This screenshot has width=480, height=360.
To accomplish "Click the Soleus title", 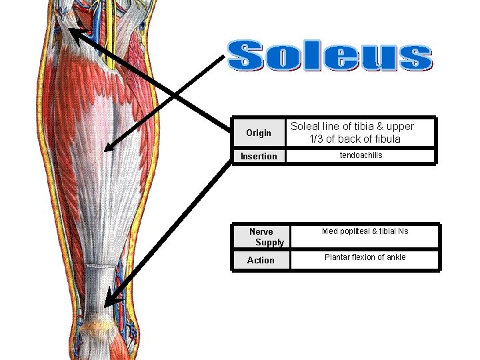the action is (329, 57).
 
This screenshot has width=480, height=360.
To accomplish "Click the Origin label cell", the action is (259, 133).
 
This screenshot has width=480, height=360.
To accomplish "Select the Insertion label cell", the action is (259, 156).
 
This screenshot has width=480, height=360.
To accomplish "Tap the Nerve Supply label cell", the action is (261, 237).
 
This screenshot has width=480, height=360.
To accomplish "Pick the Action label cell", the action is (261, 260).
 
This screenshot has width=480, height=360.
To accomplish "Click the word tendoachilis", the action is (361, 155).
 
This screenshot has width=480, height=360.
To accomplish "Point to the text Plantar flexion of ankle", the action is (365, 257).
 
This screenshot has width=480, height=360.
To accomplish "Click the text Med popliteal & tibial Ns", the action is (365, 231).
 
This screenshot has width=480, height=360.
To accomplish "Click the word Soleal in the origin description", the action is (305, 126).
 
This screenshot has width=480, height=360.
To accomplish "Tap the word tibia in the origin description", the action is (357, 126).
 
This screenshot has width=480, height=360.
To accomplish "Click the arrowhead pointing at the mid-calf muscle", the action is (109, 148).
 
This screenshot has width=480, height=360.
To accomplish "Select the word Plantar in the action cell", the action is (339, 257).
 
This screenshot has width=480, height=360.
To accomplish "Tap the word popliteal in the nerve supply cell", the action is (355, 231).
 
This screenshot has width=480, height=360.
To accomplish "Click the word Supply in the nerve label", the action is (269, 242).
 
